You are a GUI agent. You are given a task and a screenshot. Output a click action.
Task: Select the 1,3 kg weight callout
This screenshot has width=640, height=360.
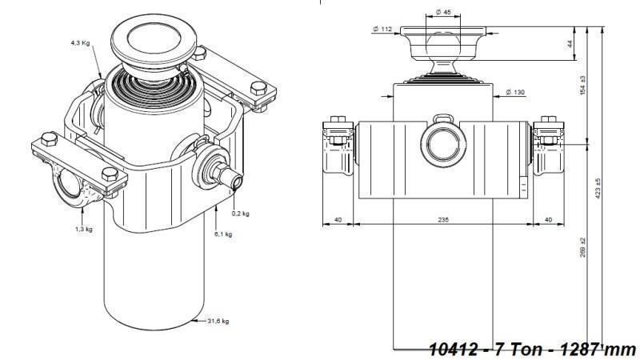pyautogui.click(x=82, y=229)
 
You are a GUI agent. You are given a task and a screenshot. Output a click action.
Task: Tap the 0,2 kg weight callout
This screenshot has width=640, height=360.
pyautogui.click(x=240, y=214)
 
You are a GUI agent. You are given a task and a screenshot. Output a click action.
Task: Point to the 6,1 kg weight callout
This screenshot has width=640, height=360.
pyautogui.click(x=223, y=234)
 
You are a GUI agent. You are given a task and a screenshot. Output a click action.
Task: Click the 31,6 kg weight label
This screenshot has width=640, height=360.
pyautogui.click(x=218, y=322)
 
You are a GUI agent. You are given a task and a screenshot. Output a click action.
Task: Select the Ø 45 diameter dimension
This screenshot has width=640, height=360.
pyautogui.click(x=444, y=11)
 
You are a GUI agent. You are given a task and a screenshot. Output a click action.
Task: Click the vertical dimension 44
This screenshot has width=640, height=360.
pyautogui.click(x=570, y=44)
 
